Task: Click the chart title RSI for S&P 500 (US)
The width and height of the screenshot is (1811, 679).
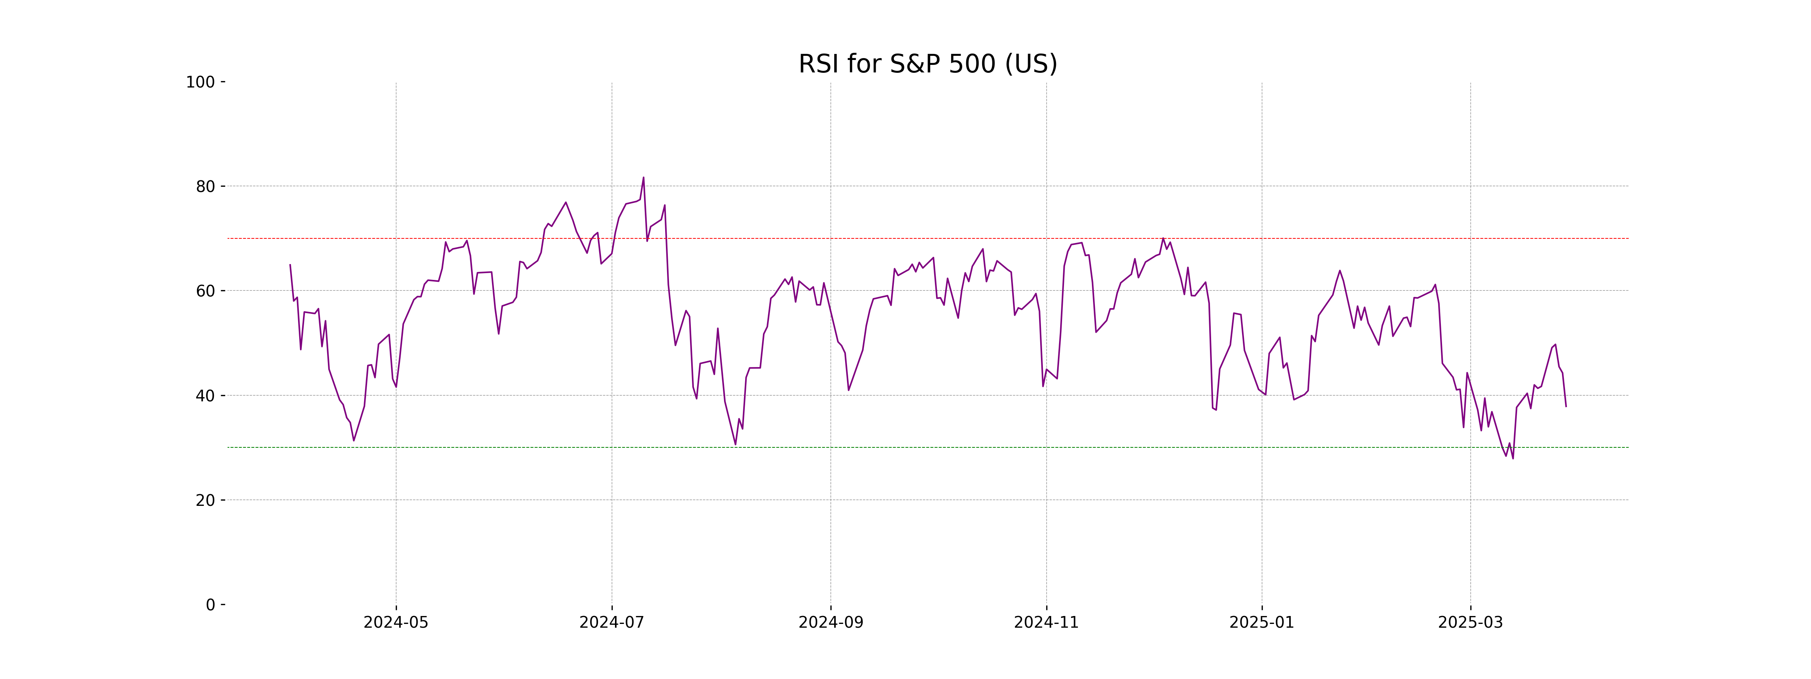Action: [927, 64]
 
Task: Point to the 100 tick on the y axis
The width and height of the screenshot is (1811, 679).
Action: [200, 82]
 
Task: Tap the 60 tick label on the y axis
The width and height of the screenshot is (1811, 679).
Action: [205, 291]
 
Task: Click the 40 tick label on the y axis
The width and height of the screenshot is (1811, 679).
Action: [205, 396]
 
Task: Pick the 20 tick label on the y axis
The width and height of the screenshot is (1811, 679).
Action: [205, 501]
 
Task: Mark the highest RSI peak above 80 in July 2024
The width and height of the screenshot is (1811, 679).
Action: [643, 177]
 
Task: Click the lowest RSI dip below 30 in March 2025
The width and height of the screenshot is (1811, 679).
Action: [1513, 458]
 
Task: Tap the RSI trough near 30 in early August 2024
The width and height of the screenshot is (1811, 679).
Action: [735, 444]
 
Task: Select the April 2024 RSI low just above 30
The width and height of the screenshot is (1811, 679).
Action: [354, 441]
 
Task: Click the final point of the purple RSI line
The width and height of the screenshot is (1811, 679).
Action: [1566, 406]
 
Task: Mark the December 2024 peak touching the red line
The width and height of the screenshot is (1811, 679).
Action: [1163, 238]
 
